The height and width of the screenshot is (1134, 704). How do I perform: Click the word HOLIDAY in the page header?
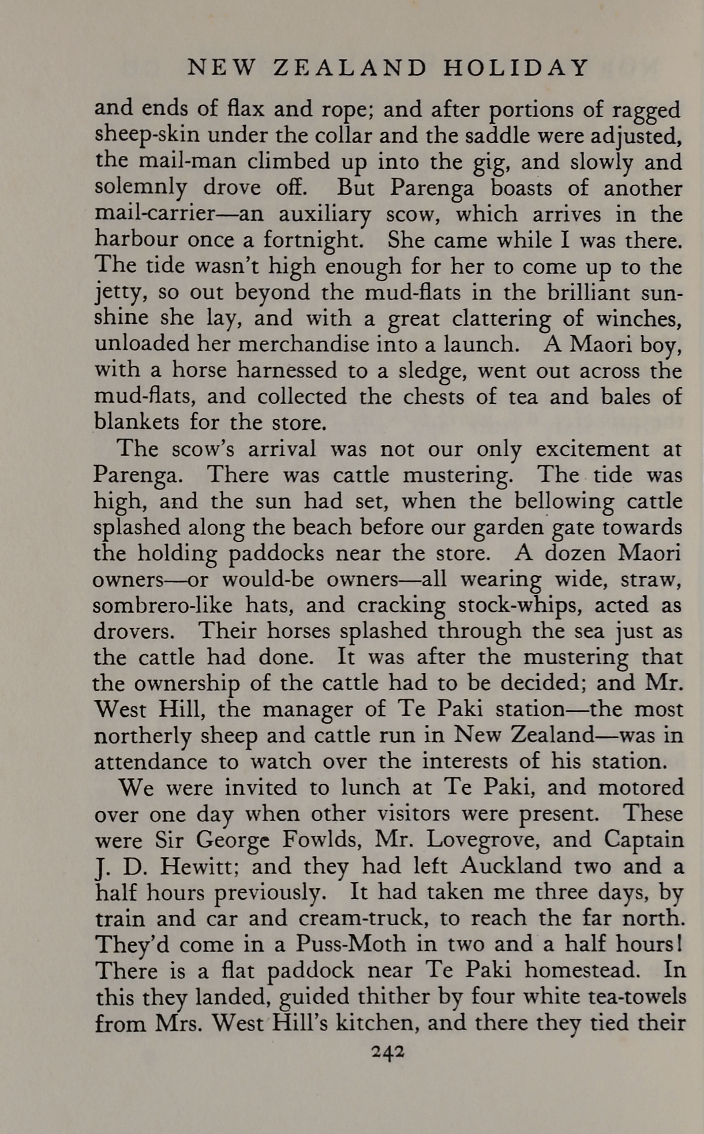516,68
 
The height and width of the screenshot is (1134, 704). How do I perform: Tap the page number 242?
388,1051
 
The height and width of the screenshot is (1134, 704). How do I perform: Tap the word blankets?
136,422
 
